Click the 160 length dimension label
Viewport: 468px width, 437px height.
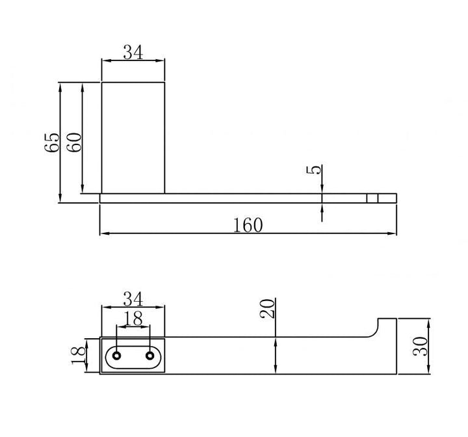point(248,225)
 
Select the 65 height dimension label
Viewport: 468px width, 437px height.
point(52,143)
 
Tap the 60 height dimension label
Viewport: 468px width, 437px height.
point(73,142)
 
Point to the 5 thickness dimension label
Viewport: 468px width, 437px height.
point(314,170)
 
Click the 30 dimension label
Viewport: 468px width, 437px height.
point(420,346)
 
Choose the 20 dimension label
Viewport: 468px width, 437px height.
point(267,309)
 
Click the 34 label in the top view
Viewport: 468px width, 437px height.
point(133,52)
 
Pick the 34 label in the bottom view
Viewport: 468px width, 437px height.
point(133,299)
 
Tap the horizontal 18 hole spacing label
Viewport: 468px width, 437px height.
point(133,319)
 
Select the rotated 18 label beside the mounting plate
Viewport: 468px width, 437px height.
point(79,355)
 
